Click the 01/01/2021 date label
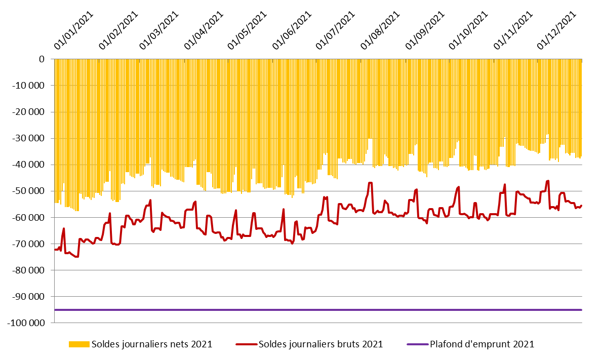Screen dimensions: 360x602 click(74, 30)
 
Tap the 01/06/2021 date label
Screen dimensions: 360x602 click(292, 30)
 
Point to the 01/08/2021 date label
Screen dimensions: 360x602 click(381, 30)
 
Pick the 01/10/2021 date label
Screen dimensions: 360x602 click(468, 30)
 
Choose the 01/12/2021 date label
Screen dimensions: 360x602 click(556, 30)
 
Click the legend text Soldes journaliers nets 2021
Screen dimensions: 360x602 click(152, 344)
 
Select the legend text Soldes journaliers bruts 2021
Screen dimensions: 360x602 click(320, 344)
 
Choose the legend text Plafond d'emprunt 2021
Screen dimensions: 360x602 click(482, 344)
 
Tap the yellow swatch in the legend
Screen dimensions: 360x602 click(79, 344)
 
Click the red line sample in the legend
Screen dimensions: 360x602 click(246, 344)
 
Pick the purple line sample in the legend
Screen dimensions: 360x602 click(417, 344)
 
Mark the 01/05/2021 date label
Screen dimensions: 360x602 click(248, 30)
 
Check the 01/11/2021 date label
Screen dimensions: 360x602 click(513, 30)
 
